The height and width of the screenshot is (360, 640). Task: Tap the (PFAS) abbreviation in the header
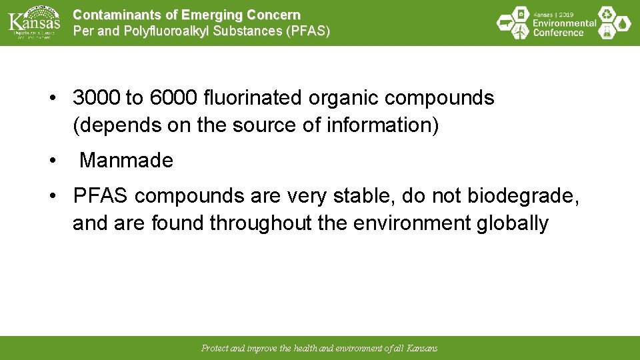point(307,31)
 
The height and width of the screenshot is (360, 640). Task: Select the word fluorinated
point(253,98)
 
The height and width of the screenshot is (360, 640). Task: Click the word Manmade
point(126,161)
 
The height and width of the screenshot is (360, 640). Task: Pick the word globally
point(513,223)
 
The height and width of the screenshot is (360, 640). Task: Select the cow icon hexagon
point(506,24)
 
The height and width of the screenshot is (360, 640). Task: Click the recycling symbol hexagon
point(607,14)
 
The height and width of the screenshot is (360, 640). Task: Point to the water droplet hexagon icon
point(623,23)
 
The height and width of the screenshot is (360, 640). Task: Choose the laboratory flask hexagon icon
point(607,31)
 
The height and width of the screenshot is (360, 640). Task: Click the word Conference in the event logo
point(558,33)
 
